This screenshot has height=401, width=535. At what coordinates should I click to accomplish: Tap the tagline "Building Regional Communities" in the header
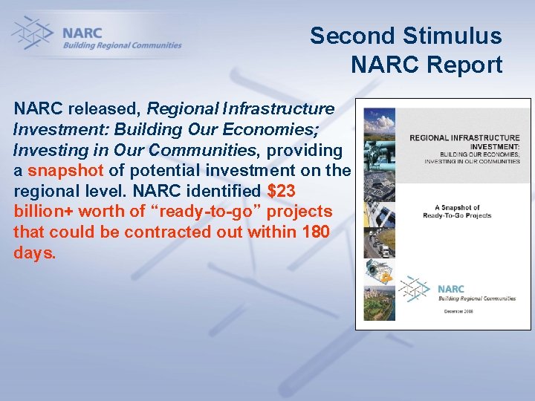coord(122,45)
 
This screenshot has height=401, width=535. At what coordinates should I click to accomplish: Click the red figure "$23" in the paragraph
coord(282,191)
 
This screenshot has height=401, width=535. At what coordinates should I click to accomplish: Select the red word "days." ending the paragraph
coord(34,252)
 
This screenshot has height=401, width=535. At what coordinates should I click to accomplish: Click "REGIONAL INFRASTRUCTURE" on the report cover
coord(464,138)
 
